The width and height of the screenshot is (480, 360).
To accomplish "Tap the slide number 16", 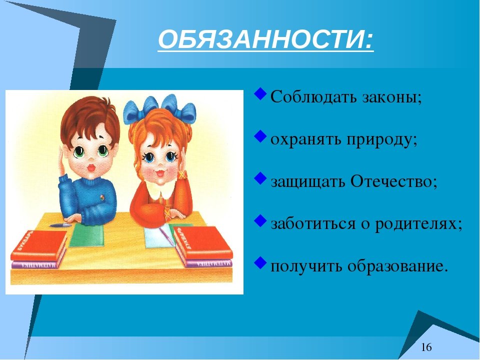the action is (426, 347).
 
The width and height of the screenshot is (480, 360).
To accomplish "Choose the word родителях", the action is (418, 224).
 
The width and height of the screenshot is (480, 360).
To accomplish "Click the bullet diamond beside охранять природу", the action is (260, 136).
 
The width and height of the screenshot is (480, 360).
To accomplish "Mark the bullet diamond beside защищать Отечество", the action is (260, 178).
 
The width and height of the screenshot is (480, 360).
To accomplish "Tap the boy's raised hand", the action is (63, 161).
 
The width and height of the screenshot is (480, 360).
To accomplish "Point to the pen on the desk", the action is (60, 225).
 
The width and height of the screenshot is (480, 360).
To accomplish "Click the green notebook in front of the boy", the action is (86, 234).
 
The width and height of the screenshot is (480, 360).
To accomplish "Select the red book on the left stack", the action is (39, 245).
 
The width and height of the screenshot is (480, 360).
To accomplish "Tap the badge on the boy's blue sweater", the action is (102, 197).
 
